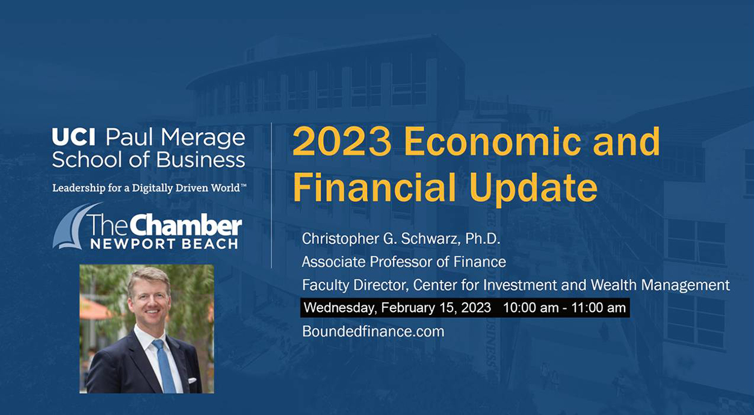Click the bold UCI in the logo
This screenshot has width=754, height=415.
coord(74,137)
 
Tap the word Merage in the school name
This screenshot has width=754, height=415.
coord(203,138)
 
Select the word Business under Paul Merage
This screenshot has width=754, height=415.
coord(200,160)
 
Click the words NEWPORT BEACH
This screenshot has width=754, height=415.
coord(164,244)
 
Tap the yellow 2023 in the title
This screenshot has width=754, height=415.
coord(342,141)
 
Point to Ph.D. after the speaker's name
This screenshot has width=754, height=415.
coord(483,239)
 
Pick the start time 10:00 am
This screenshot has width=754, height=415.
coord(531,308)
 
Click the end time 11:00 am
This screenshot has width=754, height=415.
coord(599,308)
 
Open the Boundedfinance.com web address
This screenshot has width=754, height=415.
coord(373,331)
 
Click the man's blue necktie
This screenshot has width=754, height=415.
coord(165,366)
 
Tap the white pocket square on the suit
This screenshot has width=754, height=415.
coord(192,380)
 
